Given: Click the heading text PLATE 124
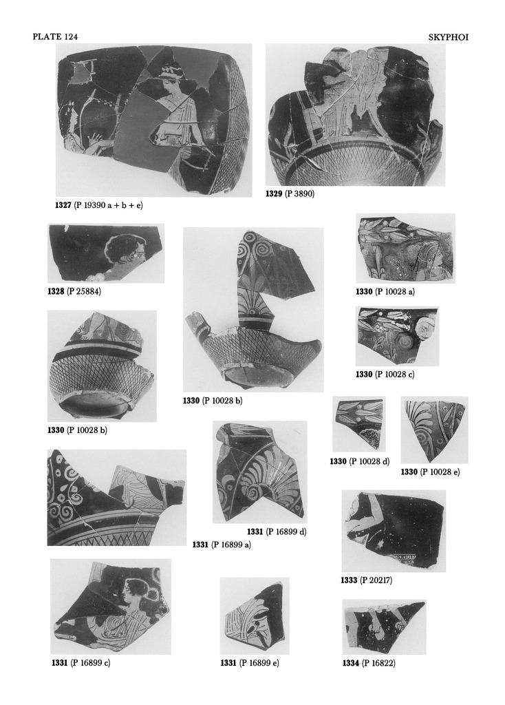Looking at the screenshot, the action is [x=55, y=37].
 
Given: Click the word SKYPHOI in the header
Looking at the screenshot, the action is [x=448, y=37].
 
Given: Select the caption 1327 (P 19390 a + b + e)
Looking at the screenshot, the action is [x=99, y=205].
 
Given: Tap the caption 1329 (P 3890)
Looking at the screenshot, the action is [x=290, y=194].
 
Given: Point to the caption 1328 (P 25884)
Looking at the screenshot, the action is [x=74, y=291].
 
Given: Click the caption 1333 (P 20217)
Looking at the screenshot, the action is [x=366, y=580].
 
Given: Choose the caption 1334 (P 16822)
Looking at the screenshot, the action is [x=369, y=663].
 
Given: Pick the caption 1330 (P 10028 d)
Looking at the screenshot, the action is [x=359, y=461].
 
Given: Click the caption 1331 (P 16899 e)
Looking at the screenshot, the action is [x=249, y=663].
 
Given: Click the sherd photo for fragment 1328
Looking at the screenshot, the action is [x=106, y=253].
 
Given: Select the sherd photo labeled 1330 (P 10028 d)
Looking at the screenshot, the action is [x=359, y=424].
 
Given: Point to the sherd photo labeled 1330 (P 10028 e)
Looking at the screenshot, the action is [x=434, y=430].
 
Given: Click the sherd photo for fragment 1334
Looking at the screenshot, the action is [x=384, y=627].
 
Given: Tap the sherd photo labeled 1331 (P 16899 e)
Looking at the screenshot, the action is [x=255, y=616].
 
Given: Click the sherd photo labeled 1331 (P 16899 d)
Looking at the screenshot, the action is [x=260, y=472].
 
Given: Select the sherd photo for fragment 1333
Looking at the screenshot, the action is [x=394, y=531].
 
